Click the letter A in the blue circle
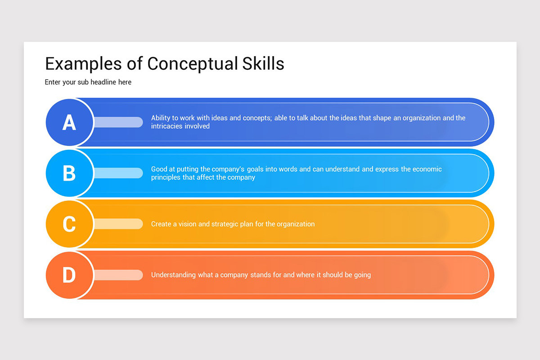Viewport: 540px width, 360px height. (69, 122)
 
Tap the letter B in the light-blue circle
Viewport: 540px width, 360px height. (69, 173)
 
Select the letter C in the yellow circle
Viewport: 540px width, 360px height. (69, 224)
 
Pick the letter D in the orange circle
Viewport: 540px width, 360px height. (69, 275)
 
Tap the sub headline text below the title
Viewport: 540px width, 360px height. (88, 82)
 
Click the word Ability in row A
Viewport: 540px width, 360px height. (161, 118)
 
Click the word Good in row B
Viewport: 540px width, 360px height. (159, 169)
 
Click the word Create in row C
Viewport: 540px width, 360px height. (161, 224)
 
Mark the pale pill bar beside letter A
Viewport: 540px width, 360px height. (118, 122)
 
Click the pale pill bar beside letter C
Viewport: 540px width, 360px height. (118, 224)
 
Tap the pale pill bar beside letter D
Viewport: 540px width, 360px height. (118, 275)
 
